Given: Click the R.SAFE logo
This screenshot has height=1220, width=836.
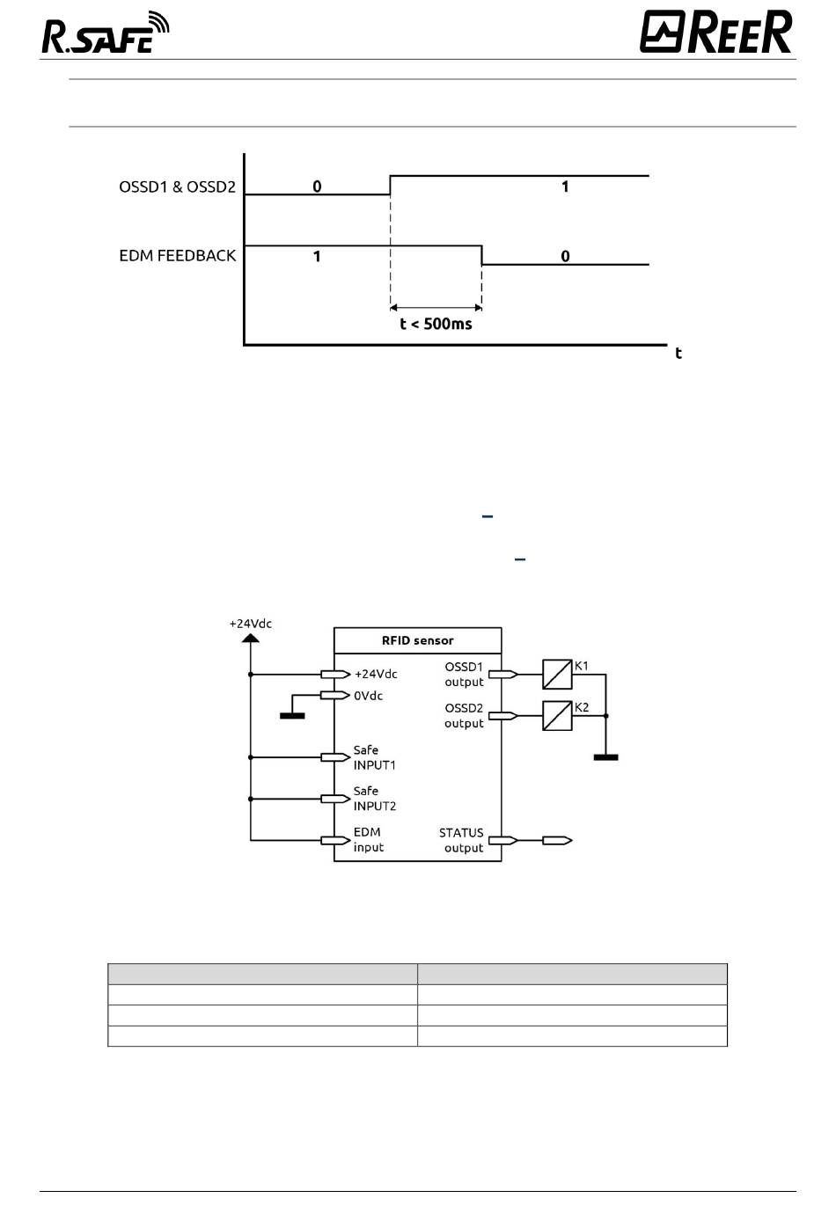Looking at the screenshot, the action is (x=106, y=33).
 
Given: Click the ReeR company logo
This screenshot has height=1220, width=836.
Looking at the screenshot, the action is (x=715, y=32).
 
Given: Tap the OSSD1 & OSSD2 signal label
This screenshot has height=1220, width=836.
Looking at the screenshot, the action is (x=177, y=186).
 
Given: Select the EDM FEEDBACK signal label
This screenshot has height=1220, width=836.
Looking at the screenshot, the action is (x=177, y=255).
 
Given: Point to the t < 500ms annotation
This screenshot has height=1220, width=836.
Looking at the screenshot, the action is (x=436, y=324).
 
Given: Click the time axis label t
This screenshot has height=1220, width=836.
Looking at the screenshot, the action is (x=678, y=353).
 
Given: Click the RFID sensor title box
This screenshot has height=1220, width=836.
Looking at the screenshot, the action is (x=417, y=640).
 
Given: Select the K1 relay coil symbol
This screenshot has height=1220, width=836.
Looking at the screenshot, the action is (x=557, y=675).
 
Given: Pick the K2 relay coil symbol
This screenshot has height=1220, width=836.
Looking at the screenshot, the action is (x=557, y=716).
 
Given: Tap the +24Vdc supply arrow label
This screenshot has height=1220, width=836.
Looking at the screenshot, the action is (x=251, y=624).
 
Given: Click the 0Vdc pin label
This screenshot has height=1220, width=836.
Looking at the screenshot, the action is (x=369, y=696).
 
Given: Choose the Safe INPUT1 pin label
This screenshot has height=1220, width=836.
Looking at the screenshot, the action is (x=374, y=757).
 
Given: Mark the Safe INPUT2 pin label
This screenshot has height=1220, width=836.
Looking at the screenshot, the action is (x=374, y=799).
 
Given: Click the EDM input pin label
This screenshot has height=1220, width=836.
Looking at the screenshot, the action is (x=369, y=840).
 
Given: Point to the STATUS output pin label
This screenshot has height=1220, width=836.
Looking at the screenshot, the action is (x=461, y=840).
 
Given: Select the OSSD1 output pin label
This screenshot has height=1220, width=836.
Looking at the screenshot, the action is (x=464, y=675).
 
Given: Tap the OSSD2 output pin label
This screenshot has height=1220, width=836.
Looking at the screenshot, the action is (x=464, y=716).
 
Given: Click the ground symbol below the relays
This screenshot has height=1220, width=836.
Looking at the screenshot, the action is (x=605, y=757).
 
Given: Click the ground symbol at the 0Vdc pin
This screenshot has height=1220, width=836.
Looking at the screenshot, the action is (x=292, y=716).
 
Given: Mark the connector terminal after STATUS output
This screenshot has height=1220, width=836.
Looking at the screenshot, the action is (x=557, y=840).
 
